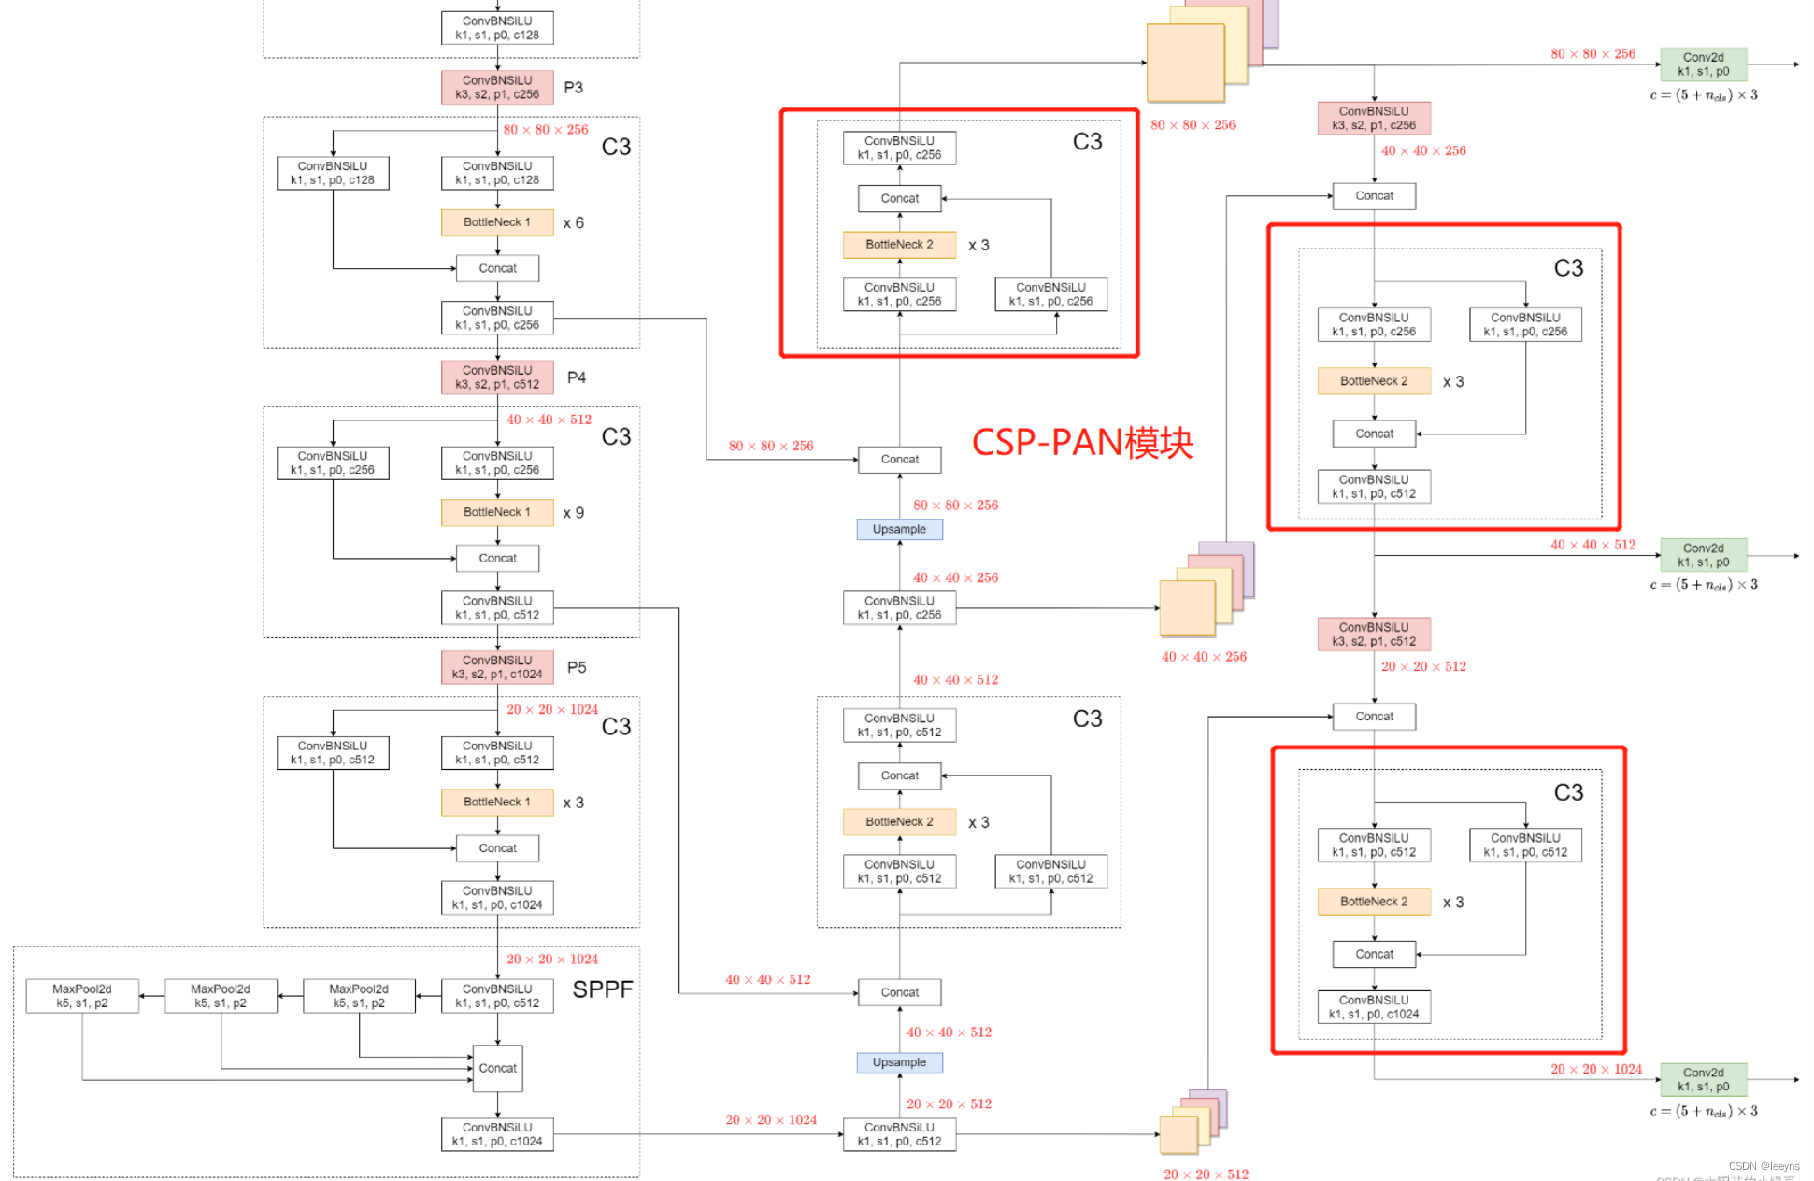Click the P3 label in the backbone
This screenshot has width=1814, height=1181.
point(573,88)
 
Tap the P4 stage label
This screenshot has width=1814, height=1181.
point(577,377)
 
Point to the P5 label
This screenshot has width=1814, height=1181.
point(577,667)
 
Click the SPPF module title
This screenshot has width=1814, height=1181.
point(602,989)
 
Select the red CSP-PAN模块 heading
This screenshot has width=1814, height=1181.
point(1082,443)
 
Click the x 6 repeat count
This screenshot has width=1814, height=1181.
point(573,222)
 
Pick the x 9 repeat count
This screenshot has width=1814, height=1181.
point(573,513)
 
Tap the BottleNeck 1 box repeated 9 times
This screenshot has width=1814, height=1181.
point(497,512)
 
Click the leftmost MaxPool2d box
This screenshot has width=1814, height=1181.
point(82,996)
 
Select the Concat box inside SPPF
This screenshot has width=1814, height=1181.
point(497,1068)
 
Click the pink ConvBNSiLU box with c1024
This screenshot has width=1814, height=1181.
point(497,667)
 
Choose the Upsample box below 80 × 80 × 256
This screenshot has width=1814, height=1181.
point(899,529)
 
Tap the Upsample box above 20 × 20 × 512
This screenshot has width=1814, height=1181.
point(899,1062)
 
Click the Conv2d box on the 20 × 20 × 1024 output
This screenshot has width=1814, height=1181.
point(1703,1079)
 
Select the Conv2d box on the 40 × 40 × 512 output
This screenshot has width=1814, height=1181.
point(1703,555)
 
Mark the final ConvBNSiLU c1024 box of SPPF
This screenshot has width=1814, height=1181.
point(497,1134)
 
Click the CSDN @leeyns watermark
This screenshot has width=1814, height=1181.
point(1764,1166)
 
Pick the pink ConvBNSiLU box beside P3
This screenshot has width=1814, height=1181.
point(497,87)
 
